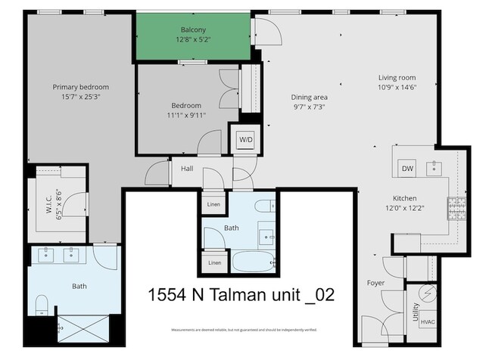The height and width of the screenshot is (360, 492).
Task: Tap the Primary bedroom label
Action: click(81, 87)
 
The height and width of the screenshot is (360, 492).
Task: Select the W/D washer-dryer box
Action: click(246, 140)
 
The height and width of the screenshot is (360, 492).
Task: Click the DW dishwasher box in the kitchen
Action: click(407, 169)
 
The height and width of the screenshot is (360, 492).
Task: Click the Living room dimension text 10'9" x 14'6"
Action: click(397, 88)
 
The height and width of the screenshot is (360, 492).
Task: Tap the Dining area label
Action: click(310, 97)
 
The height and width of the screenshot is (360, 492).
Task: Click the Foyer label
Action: click(375, 283)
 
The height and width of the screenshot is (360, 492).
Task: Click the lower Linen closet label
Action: click(215, 262)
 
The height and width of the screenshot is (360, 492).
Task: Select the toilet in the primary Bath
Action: click(42, 306)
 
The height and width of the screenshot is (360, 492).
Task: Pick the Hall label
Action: click(187, 169)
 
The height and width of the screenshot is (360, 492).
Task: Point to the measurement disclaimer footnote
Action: click(244, 330)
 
